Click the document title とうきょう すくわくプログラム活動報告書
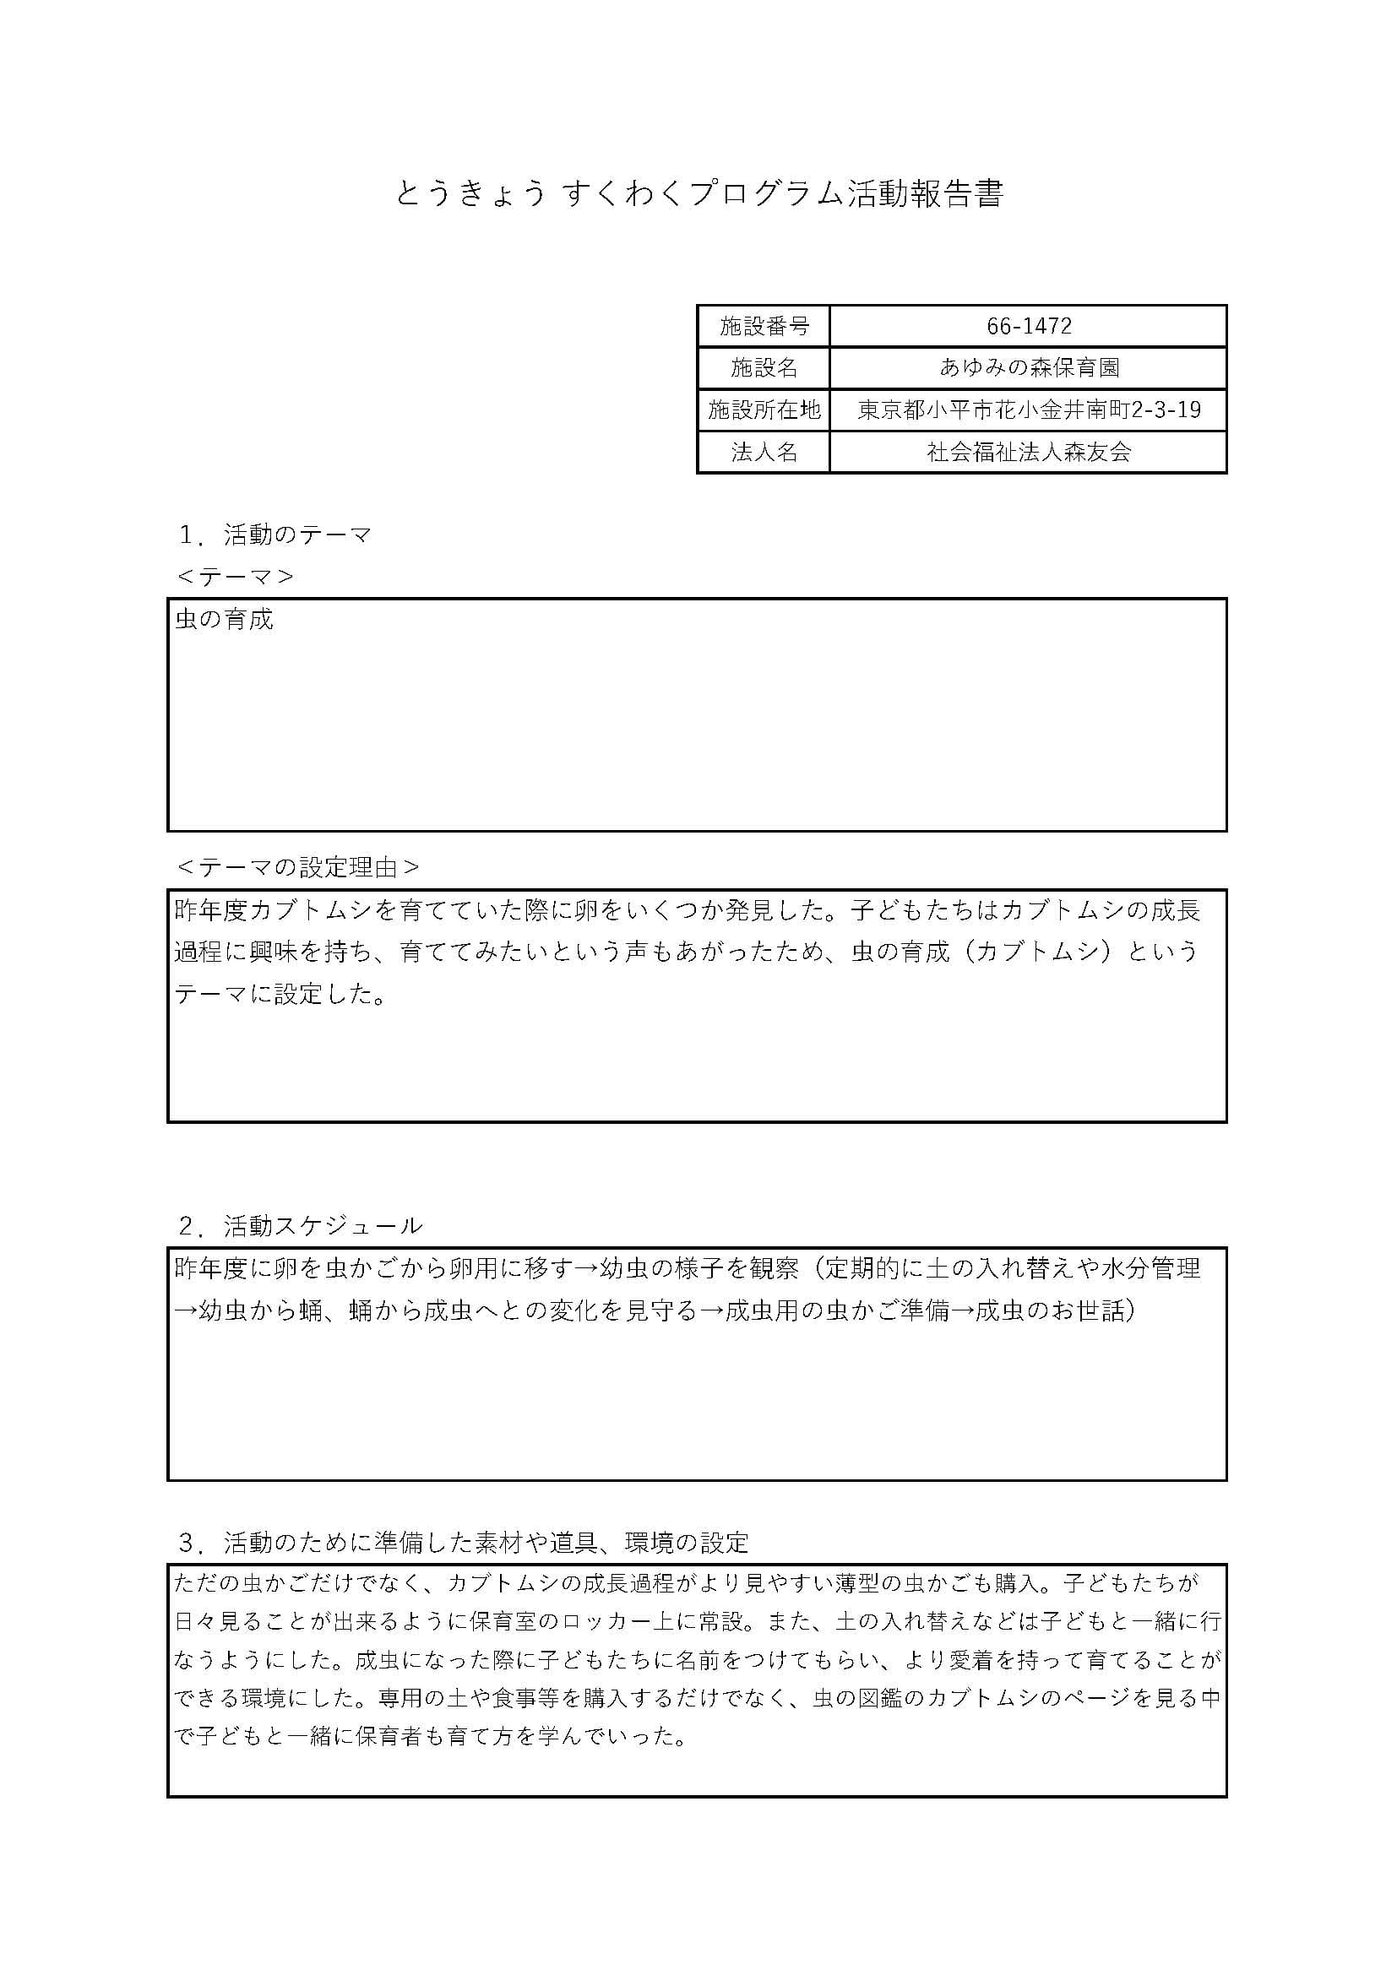click(698, 194)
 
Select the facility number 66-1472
click(1029, 326)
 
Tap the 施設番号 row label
click(764, 326)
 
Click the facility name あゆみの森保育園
click(1029, 368)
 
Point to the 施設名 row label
click(764, 368)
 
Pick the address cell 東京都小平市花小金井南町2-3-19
click(1029, 410)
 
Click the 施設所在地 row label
click(764, 410)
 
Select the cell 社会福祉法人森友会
click(1029, 453)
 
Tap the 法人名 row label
click(764, 453)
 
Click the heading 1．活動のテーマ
click(275, 535)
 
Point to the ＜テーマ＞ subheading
click(235, 577)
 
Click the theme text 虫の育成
click(224, 619)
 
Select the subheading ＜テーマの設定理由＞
click(297, 867)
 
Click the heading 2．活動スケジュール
click(300, 1226)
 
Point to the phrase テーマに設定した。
click(280, 995)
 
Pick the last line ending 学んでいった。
click(430, 1736)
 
